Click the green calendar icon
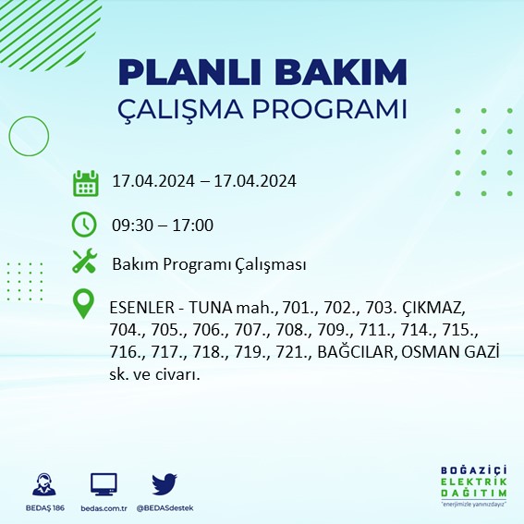coord(85,182)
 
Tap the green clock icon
coord(84,225)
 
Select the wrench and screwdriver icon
coord(85,263)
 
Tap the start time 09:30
coord(132,225)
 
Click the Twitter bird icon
coord(165,483)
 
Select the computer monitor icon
coord(104,484)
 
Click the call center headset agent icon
coord(43,484)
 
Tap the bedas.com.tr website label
coord(104,508)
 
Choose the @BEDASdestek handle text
coord(165,508)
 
